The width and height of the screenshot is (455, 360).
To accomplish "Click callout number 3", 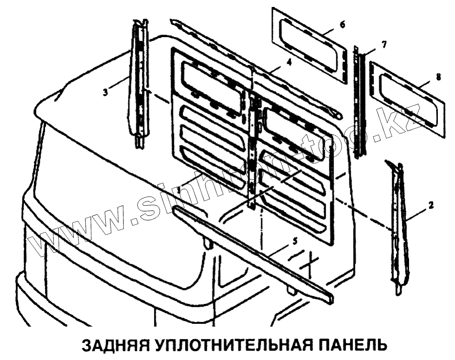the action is coord(106,92).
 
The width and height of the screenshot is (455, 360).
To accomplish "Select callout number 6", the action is coord(342,24).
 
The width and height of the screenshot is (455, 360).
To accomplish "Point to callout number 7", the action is coord(384,44).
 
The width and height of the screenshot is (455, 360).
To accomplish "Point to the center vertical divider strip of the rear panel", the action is coord(251,153).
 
